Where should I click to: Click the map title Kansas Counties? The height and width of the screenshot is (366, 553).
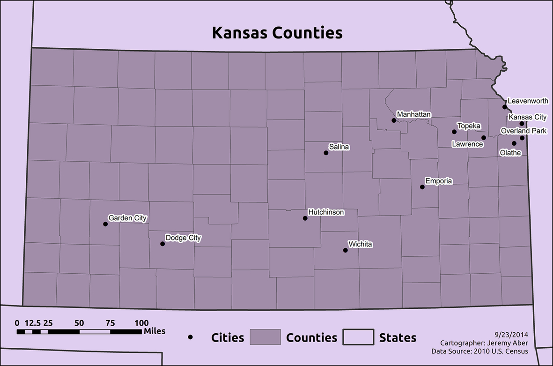(277, 33)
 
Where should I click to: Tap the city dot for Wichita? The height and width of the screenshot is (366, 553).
(346, 250)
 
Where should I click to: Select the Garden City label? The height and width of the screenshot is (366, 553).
(127, 218)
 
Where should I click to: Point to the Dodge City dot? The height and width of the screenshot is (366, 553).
(162, 244)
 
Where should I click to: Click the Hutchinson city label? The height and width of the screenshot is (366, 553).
(326, 212)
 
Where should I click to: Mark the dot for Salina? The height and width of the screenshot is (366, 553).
(326, 153)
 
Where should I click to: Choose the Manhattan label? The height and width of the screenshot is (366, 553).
(413, 114)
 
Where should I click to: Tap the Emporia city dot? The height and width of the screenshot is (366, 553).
(422, 187)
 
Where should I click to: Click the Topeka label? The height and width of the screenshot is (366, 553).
(469, 126)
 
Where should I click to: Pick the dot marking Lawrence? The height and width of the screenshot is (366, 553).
(484, 138)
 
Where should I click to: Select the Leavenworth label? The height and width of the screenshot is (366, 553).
(528, 101)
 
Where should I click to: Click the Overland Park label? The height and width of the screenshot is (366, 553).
(523, 131)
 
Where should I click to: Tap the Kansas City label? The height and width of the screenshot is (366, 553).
(527, 117)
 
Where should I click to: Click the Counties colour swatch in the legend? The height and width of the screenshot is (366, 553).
(265, 337)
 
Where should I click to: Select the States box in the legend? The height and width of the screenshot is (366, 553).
(358, 337)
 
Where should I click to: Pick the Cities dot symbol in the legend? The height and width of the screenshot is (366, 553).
(191, 337)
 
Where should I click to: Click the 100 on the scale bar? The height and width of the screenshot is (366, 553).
(141, 323)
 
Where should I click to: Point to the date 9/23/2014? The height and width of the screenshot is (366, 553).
(511, 335)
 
